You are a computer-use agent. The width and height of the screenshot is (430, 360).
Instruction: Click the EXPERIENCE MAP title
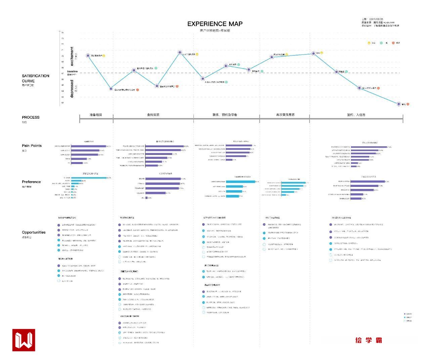click(x=215, y=24)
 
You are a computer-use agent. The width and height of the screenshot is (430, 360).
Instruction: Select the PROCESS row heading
click(x=31, y=117)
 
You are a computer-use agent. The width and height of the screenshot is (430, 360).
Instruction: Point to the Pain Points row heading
click(x=32, y=146)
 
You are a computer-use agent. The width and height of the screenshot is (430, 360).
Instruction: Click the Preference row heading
click(x=31, y=182)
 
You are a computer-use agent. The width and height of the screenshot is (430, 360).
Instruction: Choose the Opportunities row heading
click(x=34, y=232)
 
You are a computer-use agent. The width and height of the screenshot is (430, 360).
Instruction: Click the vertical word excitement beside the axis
click(x=72, y=56)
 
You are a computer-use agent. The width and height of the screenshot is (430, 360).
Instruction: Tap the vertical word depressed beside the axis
click(x=72, y=88)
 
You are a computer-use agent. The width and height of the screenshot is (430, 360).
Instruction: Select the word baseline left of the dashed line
click(x=72, y=71)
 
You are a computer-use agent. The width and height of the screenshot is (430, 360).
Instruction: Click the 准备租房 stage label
click(x=96, y=115)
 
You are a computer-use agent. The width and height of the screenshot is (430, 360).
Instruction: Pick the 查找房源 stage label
click(x=153, y=115)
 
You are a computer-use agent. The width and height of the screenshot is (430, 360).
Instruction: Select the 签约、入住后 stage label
click(x=356, y=115)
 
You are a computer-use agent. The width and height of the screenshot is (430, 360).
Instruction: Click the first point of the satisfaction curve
click(x=88, y=55)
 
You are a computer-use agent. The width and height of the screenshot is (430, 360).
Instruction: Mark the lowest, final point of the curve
click(x=399, y=104)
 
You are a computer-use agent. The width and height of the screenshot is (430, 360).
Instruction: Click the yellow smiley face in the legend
click(x=369, y=43)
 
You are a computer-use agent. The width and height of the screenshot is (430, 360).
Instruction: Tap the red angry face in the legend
click(x=394, y=43)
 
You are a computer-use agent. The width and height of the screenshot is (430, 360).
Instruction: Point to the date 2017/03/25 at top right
click(x=376, y=19)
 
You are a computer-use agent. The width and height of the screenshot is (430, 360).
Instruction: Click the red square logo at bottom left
click(x=24, y=340)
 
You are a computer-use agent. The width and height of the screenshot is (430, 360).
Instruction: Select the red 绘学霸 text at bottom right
click(x=369, y=340)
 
